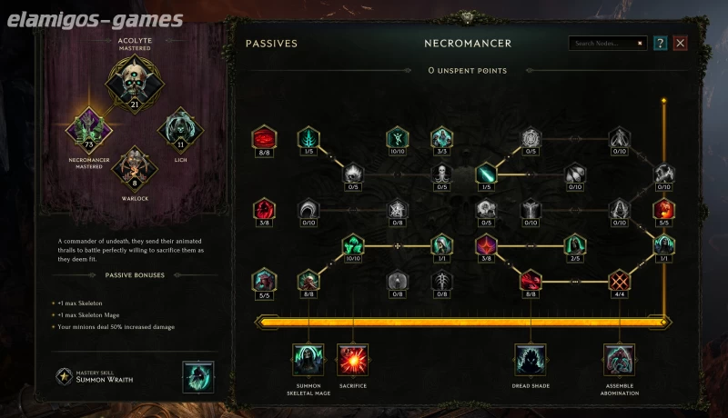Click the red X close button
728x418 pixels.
(680, 43)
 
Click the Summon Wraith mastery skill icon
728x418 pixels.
(198, 377)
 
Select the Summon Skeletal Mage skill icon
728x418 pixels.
(308, 360)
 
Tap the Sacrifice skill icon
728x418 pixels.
(352, 360)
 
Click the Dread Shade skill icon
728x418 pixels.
(530, 360)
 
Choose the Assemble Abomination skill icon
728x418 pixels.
(620, 360)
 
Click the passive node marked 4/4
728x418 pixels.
(620, 280)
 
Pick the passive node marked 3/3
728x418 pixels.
(441, 138)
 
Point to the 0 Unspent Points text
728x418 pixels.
(468, 71)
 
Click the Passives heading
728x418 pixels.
(271, 43)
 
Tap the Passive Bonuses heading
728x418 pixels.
(134, 274)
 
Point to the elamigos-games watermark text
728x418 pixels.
(94, 18)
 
